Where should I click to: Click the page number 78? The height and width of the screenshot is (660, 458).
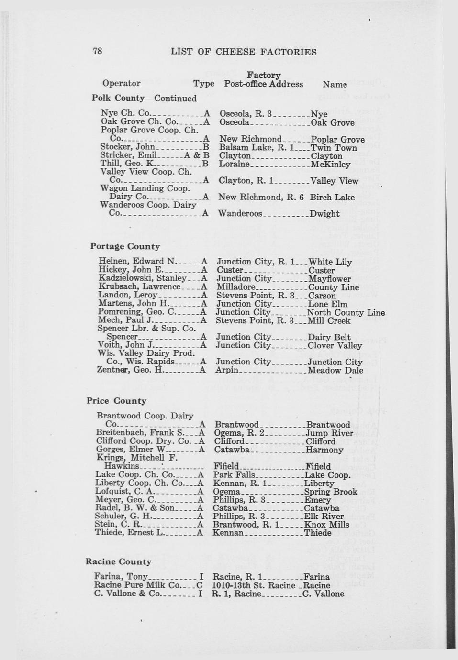(97, 51)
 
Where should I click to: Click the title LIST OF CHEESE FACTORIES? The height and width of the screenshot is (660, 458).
(244, 52)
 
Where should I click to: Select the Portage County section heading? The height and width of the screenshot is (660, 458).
(125, 246)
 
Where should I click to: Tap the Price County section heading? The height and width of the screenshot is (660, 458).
(116, 401)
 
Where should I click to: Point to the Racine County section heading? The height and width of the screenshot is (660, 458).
(118, 561)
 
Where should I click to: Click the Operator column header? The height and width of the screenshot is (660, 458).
(121, 83)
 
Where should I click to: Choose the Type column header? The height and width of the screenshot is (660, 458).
(204, 84)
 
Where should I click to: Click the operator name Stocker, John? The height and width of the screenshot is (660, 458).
(127, 147)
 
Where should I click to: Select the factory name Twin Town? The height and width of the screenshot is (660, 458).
(334, 148)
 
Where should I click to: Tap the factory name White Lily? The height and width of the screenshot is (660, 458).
(330, 262)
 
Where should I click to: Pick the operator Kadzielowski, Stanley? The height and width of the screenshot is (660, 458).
(142, 278)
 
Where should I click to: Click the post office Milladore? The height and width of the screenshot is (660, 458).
(236, 287)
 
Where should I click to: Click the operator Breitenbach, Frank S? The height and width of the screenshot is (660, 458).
(136, 433)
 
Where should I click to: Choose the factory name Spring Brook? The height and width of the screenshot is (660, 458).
(331, 492)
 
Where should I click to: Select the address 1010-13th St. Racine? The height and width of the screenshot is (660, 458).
(254, 585)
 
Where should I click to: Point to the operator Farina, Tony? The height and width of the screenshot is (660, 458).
(121, 577)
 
